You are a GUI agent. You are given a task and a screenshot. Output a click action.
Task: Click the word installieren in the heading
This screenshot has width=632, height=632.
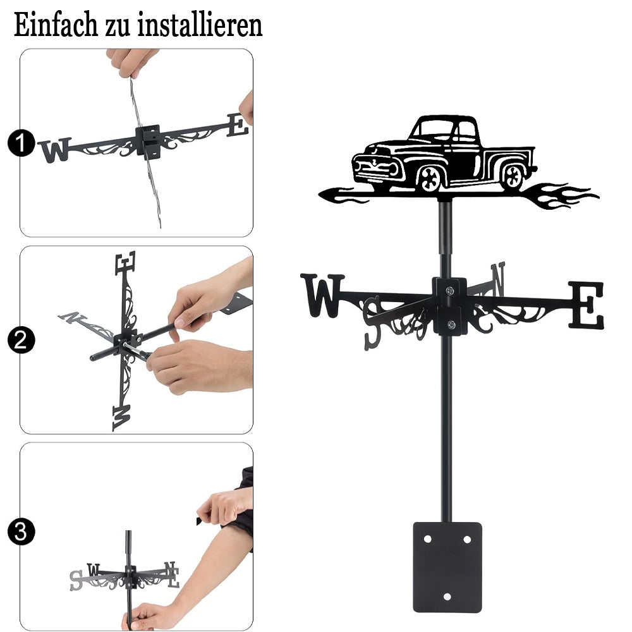click(200, 25)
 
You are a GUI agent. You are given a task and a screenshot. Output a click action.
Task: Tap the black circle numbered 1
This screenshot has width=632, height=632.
click(21, 143)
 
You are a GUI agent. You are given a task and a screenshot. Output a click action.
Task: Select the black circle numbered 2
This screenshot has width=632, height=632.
click(21, 340)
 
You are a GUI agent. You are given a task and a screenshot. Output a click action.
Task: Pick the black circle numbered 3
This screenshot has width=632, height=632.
click(21, 532)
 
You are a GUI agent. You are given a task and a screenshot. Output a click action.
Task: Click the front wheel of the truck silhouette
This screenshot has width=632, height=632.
click(430, 178)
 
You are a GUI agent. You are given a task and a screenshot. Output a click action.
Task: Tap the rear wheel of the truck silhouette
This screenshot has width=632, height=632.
click(513, 176)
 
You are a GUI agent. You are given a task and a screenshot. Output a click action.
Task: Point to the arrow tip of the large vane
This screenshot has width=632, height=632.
click(320, 195)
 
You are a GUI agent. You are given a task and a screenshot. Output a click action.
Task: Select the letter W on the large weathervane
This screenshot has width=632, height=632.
click(322, 295)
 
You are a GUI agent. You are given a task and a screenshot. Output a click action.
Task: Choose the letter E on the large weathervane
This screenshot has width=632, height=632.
click(587, 305)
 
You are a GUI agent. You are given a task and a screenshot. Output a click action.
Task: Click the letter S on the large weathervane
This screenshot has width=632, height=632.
click(372, 322)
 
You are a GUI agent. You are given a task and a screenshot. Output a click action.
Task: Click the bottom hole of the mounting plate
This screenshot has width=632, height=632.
click(447, 596)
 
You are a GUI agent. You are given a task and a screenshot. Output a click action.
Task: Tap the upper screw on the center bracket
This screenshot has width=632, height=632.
click(450, 290)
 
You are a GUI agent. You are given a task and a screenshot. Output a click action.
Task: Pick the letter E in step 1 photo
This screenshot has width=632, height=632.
click(238, 125)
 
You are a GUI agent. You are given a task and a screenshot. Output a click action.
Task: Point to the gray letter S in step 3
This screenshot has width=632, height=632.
click(76, 580)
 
